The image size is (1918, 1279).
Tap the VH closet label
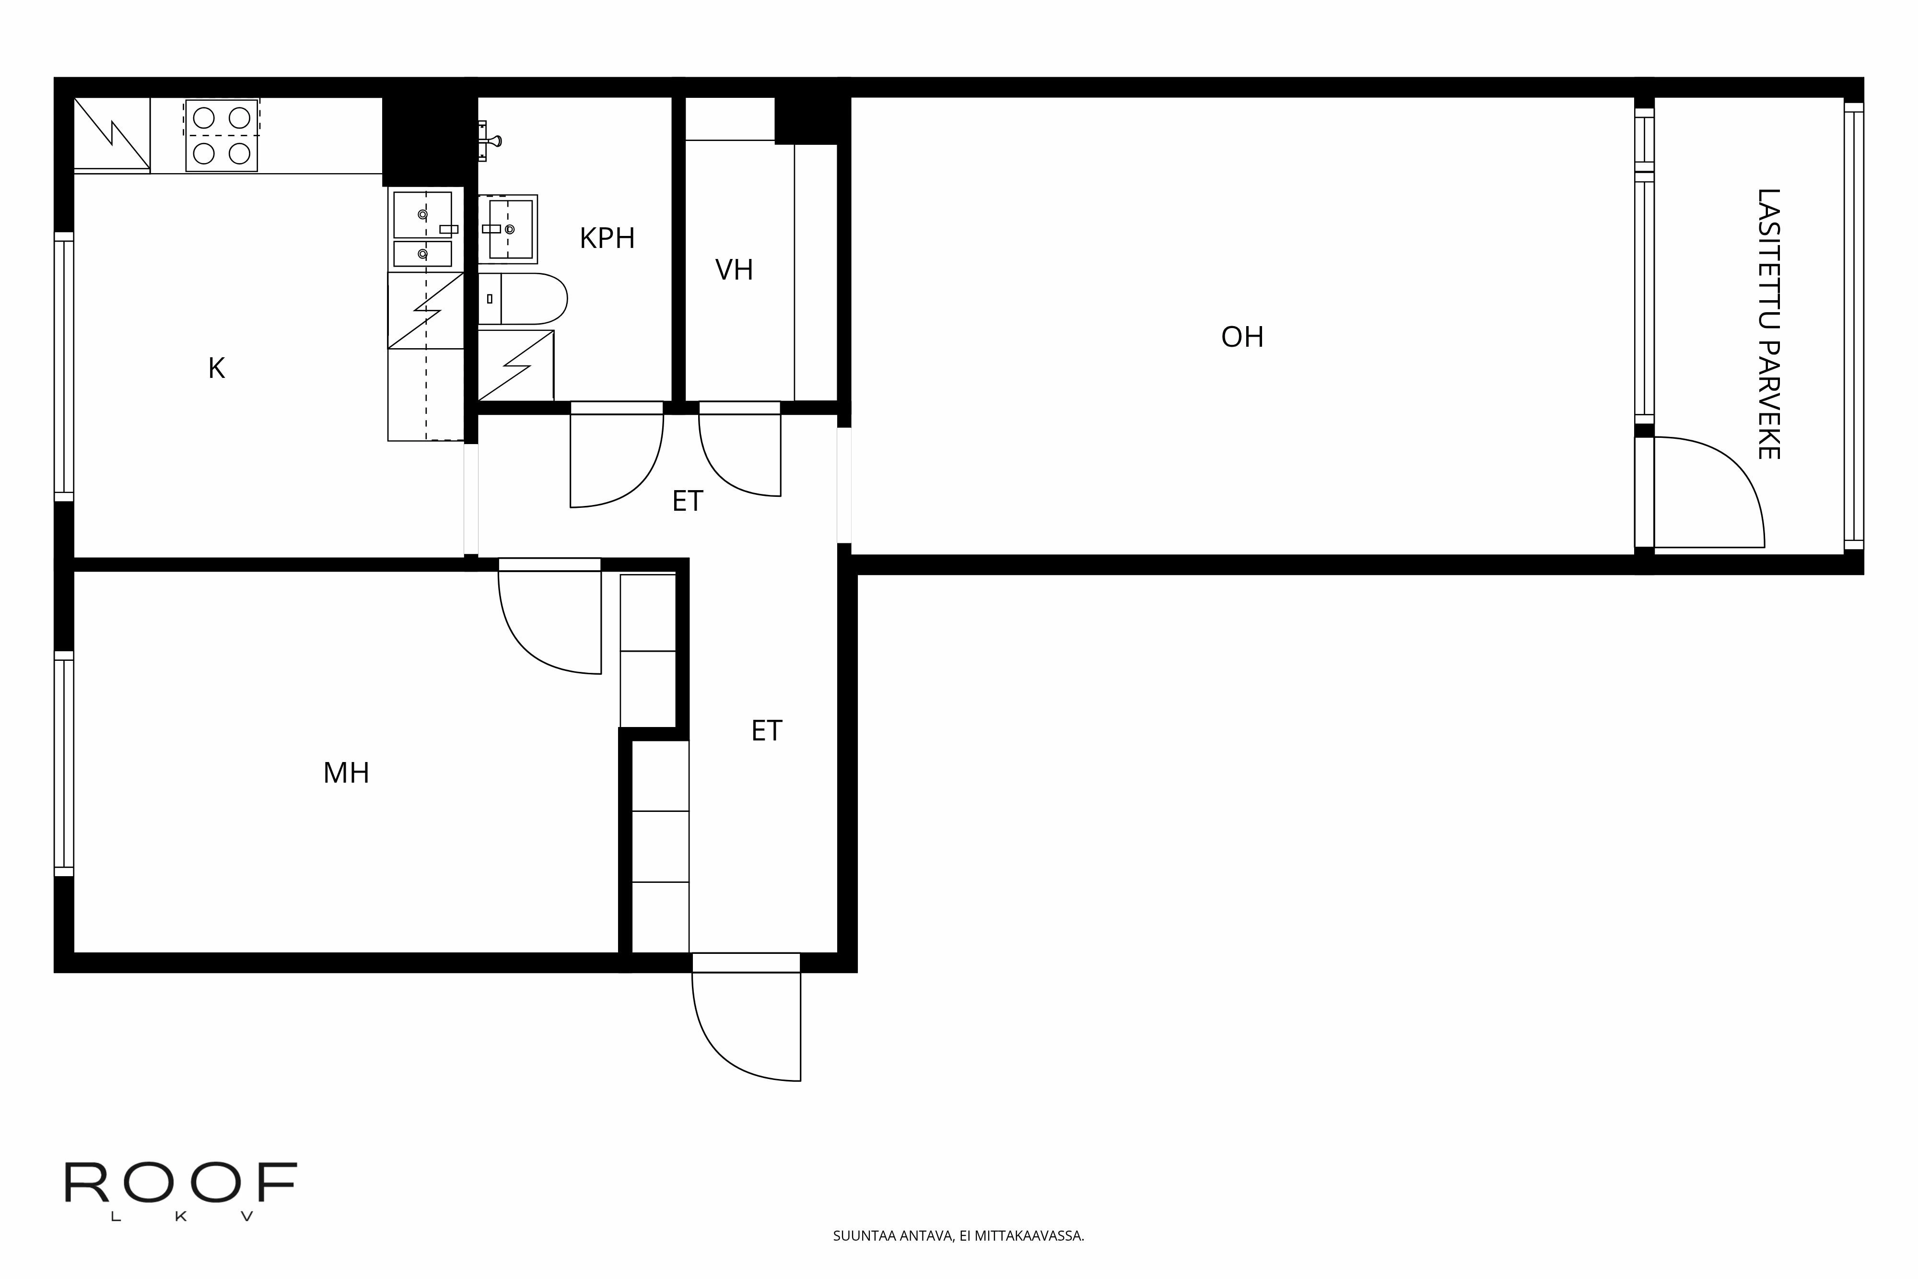coord(734,270)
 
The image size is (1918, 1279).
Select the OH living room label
coord(1242,337)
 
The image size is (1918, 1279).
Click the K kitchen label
coord(216,369)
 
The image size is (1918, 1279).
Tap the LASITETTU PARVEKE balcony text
coord(1768,324)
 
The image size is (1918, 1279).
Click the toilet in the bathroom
coord(522,299)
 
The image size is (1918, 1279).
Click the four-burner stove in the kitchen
coord(222,135)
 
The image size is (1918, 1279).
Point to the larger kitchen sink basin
coord(422,214)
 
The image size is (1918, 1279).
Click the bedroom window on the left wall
coord(64,763)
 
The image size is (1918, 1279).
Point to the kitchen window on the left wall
coord(64,367)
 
